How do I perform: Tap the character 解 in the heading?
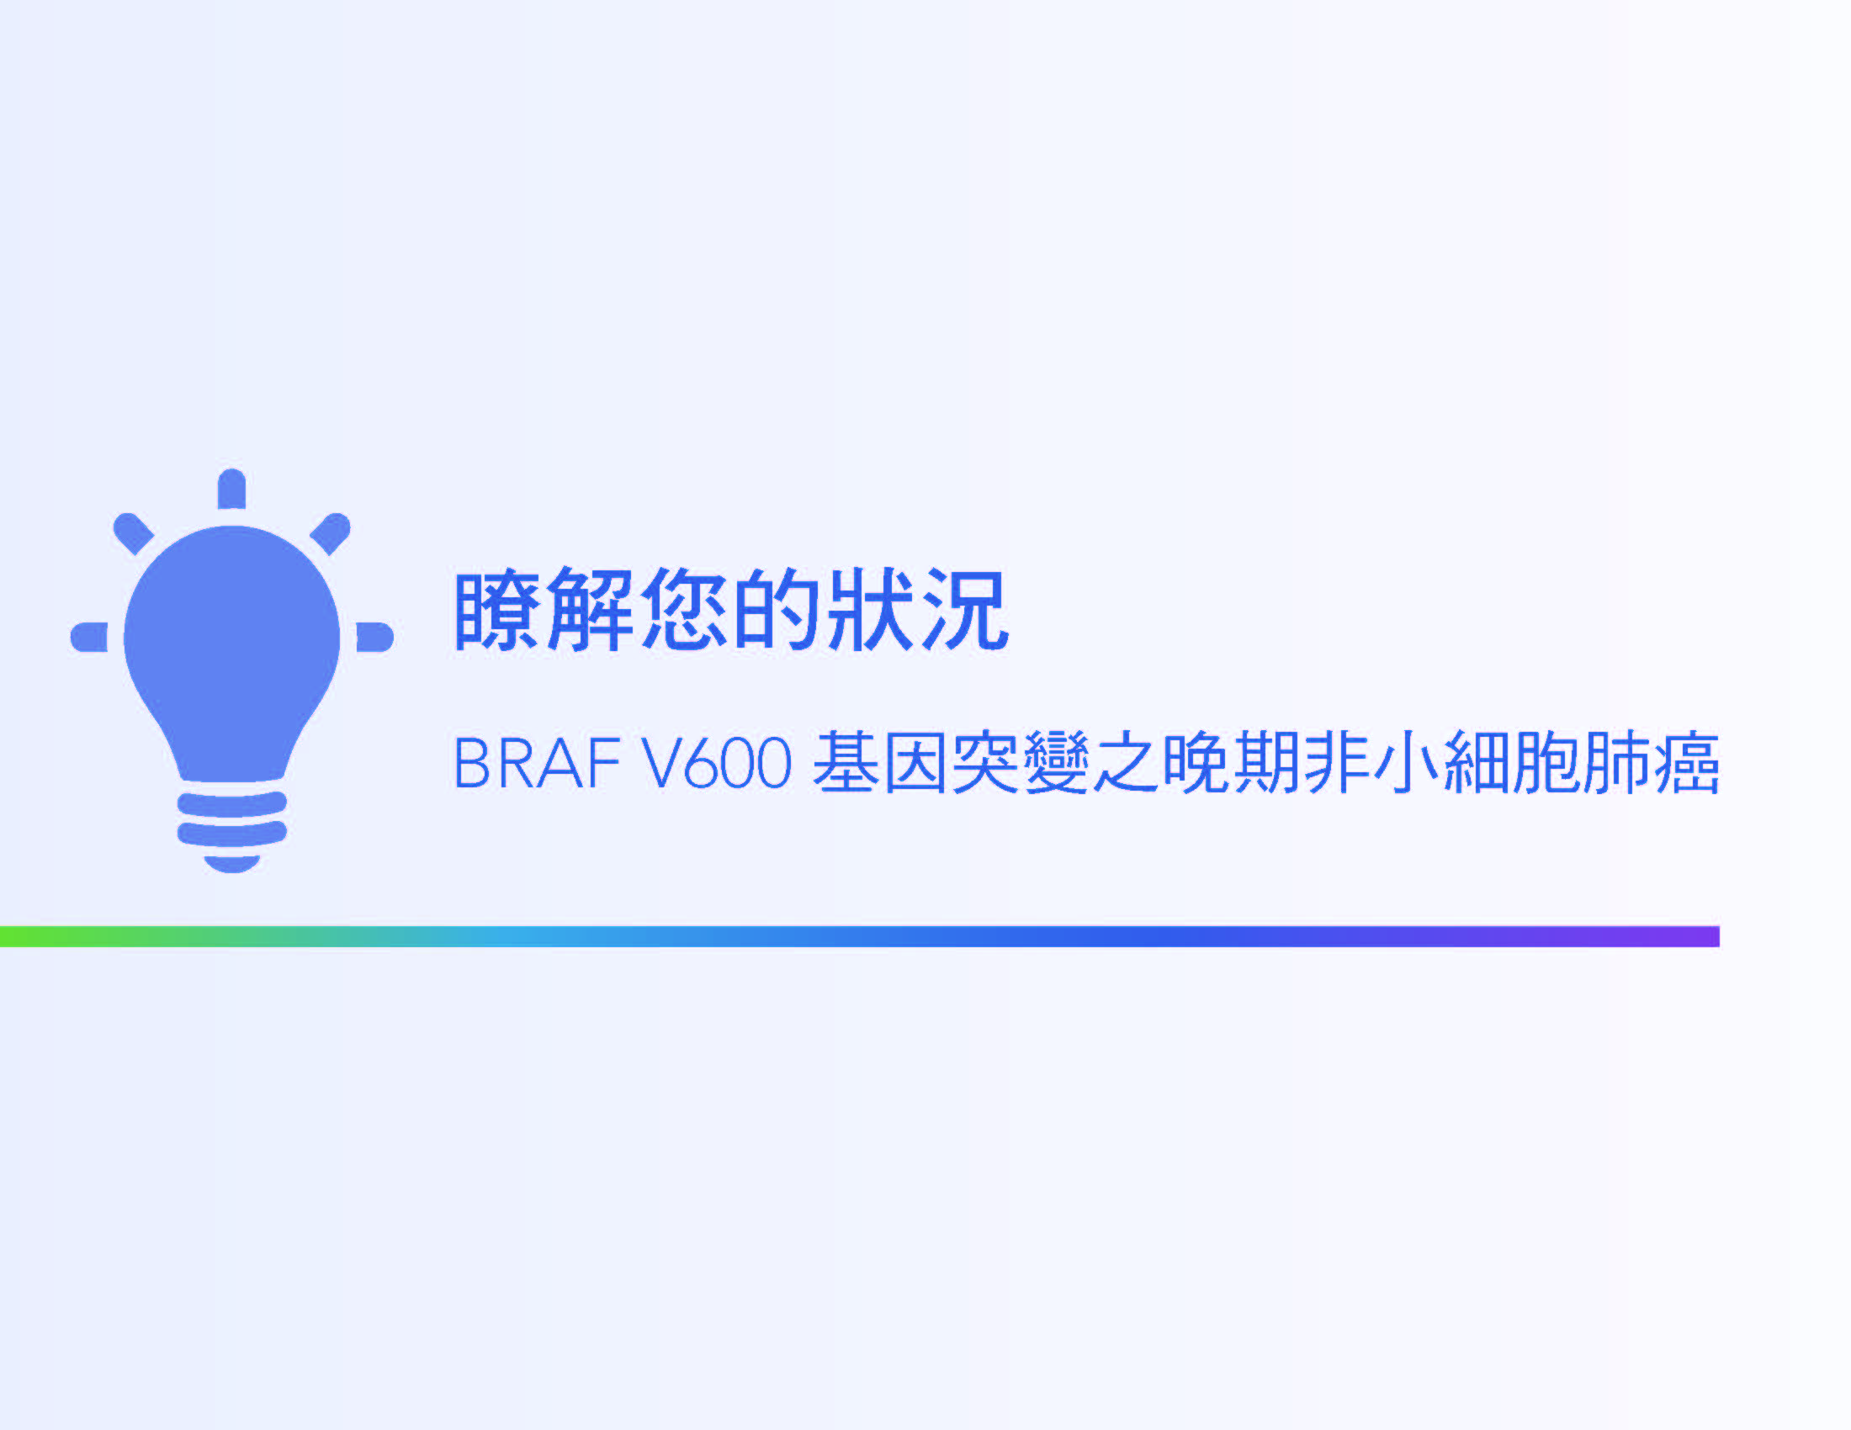coord(590,610)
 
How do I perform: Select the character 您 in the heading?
coord(683,610)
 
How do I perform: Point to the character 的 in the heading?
coord(777,610)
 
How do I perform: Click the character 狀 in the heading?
coord(870,610)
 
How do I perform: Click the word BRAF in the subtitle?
coord(538,763)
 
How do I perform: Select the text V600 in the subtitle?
coord(717,763)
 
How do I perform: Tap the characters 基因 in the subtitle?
coord(879,762)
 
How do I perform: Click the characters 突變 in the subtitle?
coord(1020,762)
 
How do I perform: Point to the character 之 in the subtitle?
coord(1125,762)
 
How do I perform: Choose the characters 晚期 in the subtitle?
coord(1231,762)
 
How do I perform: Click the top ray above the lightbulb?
coord(231,489)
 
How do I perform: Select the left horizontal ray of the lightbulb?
coord(89,637)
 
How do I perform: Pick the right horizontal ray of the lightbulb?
coord(374,637)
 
